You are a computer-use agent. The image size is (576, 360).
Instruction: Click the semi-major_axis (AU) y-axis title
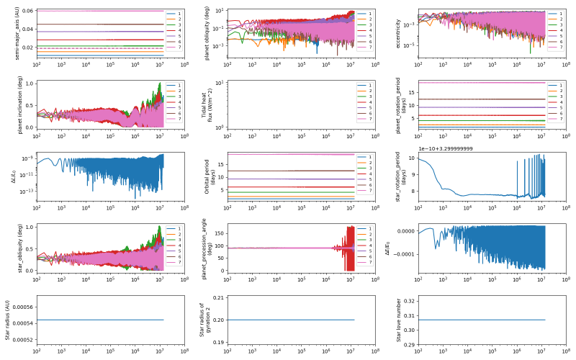point(7,32)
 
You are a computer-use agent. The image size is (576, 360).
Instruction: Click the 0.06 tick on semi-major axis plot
point(27,11)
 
